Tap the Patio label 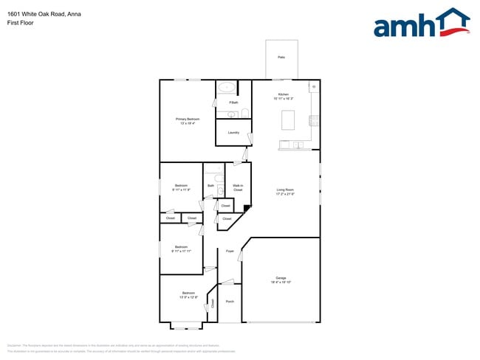click(x=281, y=57)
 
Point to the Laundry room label click(x=233, y=133)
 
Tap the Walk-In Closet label click(x=238, y=188)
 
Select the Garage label click(x=281, y=277)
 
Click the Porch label click(x=230, y=302)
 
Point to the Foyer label click(x=230, y=252)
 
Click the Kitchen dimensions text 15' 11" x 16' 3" click(x=283, y=99)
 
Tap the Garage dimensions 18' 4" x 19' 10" click(x=281, y=283)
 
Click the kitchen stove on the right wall click(x=315, y=120)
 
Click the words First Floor click(x=20, y=23)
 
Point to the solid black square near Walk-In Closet click(x=247, y=208)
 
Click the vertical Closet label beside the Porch click(x=213, y=303)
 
